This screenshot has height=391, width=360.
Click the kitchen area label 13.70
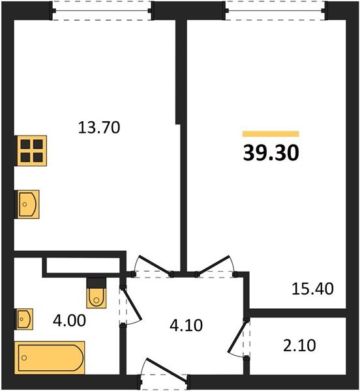(100, 128)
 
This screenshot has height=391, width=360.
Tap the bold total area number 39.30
(271, 152)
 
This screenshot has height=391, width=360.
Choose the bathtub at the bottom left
(50, 357)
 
